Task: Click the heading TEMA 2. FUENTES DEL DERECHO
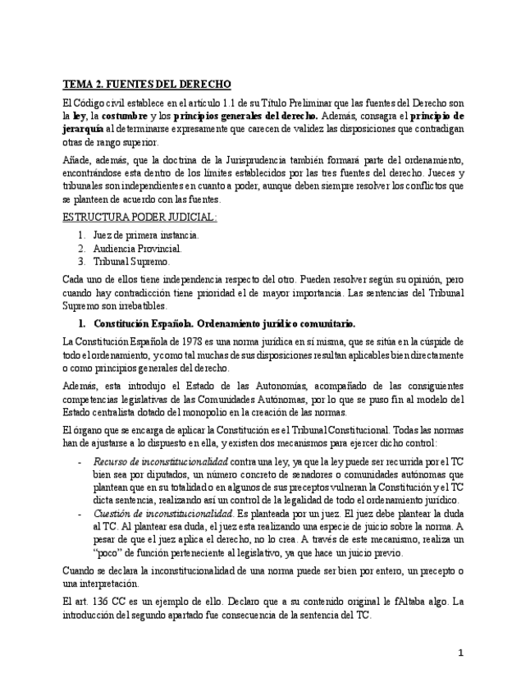tap(148, 85)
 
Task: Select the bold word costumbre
tap(126, 116)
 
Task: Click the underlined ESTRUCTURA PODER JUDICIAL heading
tap(140, 217)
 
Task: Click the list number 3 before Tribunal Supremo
tap(81, 261)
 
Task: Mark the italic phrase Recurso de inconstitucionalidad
tap(160, 462)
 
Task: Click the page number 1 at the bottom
tap(461, 653)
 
